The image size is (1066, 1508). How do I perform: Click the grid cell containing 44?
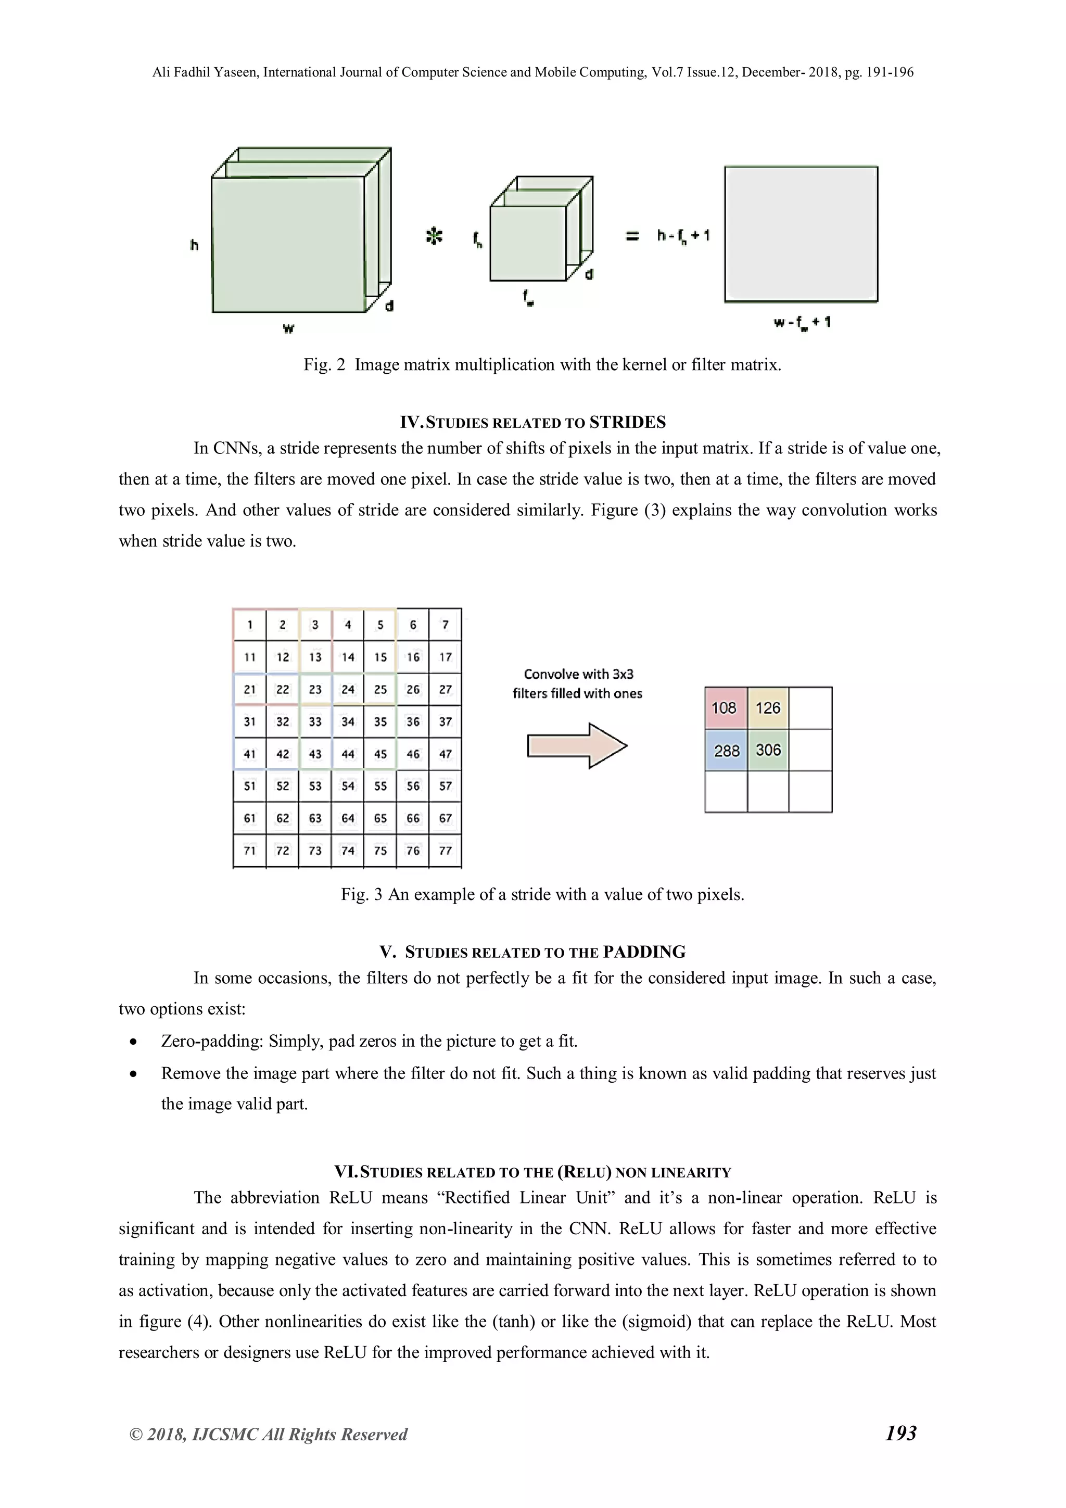pyautogui.click(x=348, y=754)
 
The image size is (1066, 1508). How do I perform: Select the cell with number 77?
pyautogui.click(x=446, y=851)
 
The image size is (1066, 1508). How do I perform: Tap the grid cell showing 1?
pyautogui.click(x=250, y=625)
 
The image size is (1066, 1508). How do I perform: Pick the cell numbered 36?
pyautogui.click(x=412, y=722)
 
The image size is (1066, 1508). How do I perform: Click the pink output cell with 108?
pyautogui.click(x=725, y=708)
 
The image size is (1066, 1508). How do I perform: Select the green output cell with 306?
pyautogui.click(x=768, y=750)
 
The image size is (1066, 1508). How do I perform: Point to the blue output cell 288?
pyautogui.click(x=726, y=750)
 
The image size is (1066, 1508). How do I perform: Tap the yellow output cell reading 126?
pyautogui.click(x=768, y=708)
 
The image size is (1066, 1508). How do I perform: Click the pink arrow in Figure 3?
pyautogui.click(x=577, y=745)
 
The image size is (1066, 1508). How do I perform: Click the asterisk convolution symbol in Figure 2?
pyautogui.click(x=434, y=236)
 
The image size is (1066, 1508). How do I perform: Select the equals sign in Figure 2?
pyautogui.click(x=632, y=236)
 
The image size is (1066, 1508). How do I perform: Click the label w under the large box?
pyautogui.click(x=288, y=328)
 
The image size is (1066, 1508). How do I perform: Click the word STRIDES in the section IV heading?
pyautogui.click(x=627, y=422)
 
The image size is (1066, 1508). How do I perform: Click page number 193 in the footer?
pyautogui.click(x=900, y=1433)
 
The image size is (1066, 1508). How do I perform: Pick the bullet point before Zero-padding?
pyautogui.click(x=134, y=1042)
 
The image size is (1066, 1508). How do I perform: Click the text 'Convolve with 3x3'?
pyautogui.click(x=578, y=674)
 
